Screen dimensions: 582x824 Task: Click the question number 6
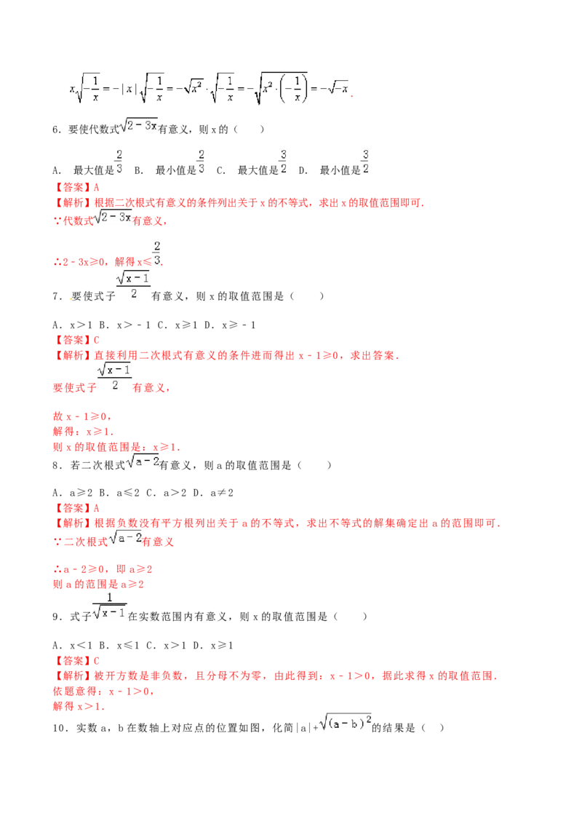click(x=56, y=130)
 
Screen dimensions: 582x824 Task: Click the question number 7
click(x=56, y=296)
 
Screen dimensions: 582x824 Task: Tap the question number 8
click(x=56, y=465)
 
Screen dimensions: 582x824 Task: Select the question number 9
click(x=56, y=617)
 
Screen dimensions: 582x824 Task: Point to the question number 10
click(x=60, y=728)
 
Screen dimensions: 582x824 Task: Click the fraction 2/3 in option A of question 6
click(x=119, y=162)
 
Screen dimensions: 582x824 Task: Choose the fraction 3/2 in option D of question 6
click(x=366, y=162)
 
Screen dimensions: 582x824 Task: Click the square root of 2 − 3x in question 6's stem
click(x=139, y=126)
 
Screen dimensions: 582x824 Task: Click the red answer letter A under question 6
click(x=96, y=188)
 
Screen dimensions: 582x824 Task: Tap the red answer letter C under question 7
click(x=96, y=340)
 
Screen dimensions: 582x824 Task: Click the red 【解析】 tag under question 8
click(x=73, y=523)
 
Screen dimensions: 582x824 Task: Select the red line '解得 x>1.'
click(x=79, y=706)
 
